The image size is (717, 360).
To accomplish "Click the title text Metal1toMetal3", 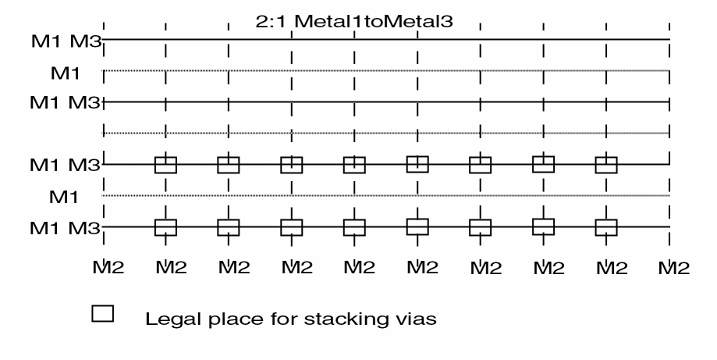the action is coord(374,21).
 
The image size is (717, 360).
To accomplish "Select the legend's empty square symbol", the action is coord(102,314).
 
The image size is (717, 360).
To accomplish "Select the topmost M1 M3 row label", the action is coord(66,41).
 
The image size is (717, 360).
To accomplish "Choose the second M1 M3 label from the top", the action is coord(65,102).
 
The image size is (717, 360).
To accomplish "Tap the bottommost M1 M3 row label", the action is coord(65,228).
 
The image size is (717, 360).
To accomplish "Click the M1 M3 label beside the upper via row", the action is coord(65,165).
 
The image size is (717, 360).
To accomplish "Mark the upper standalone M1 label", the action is coord(66,73).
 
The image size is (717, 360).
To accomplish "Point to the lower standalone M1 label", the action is coord(64,197).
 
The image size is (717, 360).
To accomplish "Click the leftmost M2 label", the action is coord(108,267).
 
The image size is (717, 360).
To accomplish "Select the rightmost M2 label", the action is coord(674,267).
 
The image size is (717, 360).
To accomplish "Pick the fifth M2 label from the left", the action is coord(360,267).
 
